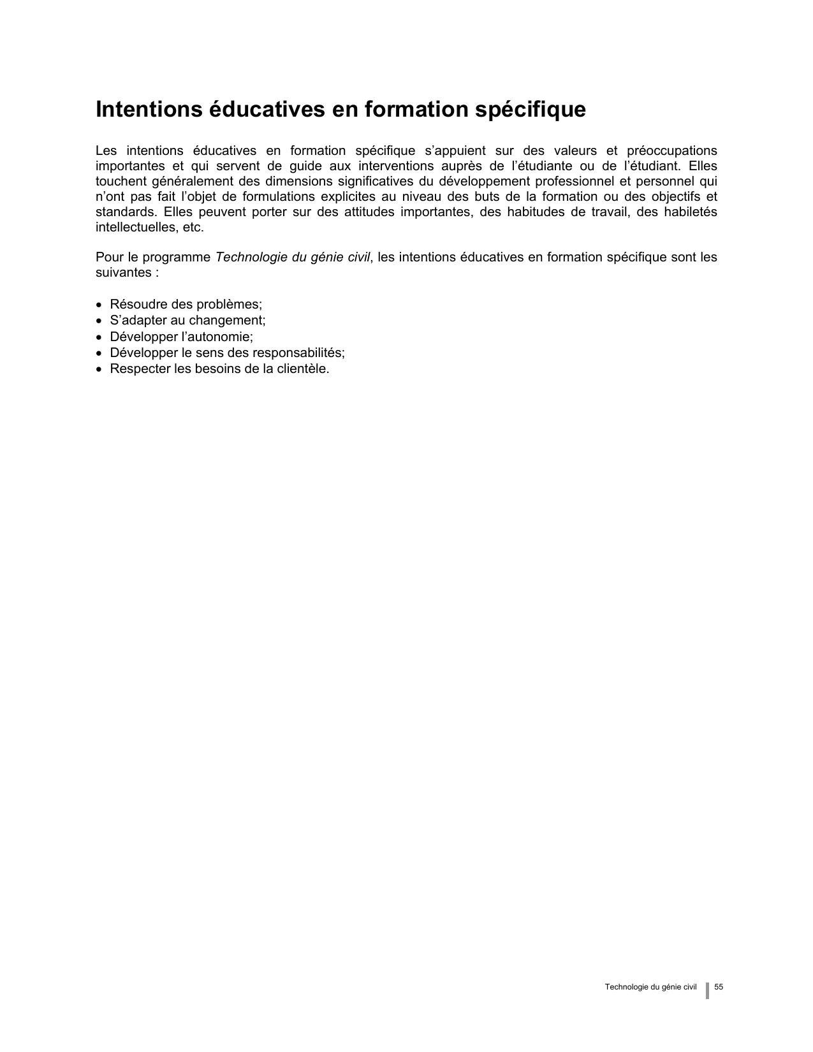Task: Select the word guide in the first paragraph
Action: [x=300, y=166]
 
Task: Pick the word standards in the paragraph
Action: [x=126, y=212]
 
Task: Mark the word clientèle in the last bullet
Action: [x=302, y=369]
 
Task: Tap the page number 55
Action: [x=719, y=988]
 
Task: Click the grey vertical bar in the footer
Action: [x=707, y=990]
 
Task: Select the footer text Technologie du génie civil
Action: [x=650, y=988]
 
